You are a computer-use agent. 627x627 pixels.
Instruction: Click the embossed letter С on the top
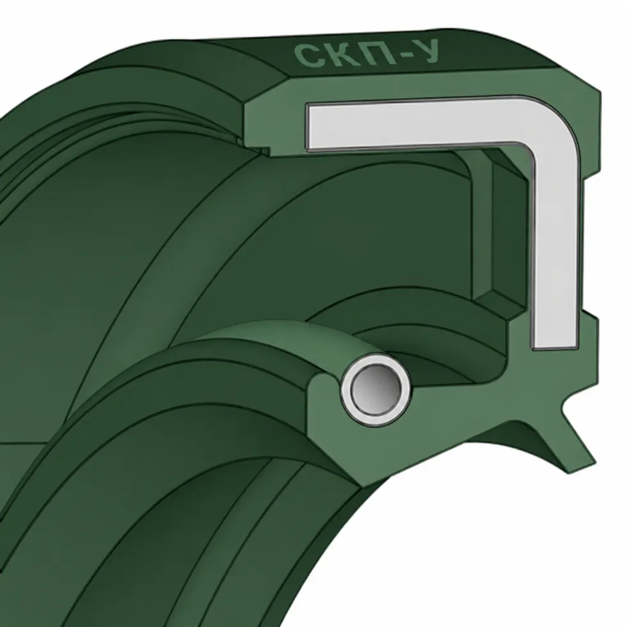306,56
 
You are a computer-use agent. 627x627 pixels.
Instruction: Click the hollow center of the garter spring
376,389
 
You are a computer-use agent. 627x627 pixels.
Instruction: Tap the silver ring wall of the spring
345,390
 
